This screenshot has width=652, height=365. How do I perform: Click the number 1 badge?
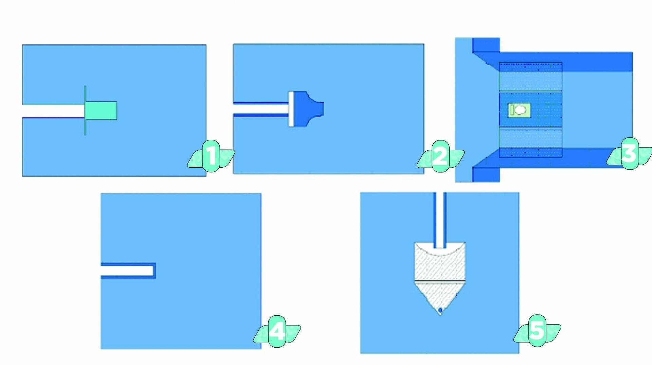(x=211, y=156)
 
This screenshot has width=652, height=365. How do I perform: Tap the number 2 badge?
(x=440, y=156)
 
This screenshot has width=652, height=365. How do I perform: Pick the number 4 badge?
(x=277, y=331)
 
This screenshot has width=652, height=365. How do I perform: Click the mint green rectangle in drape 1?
(x=101, y=110)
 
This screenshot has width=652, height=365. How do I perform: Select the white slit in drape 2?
(x=261, y=109)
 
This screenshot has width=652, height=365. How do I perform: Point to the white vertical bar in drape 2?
(x=291, y=109)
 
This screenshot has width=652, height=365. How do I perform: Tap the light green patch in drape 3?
(x=519, y=110)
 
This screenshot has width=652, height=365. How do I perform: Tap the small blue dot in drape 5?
(x=440, y=310)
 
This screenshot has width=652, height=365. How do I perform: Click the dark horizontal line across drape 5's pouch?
(x=440, y=281)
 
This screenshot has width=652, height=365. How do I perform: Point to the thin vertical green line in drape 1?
(x=85, y=110)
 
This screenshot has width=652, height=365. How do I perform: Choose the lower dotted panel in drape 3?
(x=530, y=143)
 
